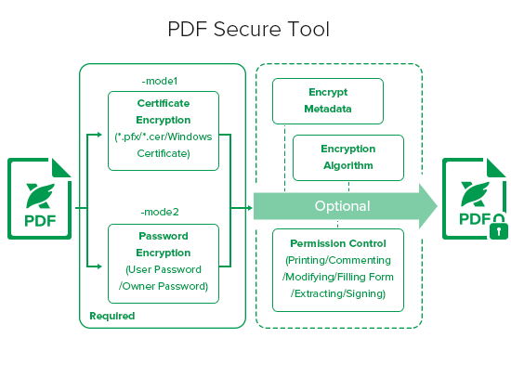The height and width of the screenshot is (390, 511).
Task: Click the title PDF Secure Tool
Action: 248,29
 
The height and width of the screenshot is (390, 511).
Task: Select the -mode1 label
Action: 160,81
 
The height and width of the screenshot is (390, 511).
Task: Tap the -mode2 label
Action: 160,212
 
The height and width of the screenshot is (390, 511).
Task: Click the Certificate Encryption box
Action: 164,131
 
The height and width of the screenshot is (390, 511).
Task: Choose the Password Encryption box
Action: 164,264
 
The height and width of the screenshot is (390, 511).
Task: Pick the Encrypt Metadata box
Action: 328,101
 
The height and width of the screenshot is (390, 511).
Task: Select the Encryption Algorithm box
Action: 348,158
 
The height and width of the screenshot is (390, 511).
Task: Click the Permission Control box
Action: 338,270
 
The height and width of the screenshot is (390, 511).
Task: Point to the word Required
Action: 112,316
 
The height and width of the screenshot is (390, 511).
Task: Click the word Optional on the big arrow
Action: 342,206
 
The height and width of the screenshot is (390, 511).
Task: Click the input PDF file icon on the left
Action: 39,199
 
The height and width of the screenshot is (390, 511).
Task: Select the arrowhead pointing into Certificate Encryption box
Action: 99,135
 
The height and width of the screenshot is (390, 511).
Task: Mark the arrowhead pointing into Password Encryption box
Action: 99,266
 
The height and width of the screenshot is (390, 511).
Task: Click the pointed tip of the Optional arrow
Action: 437,206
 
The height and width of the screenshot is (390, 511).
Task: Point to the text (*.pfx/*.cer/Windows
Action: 164,136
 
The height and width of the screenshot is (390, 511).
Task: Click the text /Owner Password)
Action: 164,286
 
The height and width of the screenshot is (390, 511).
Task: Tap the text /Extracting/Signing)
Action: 338,293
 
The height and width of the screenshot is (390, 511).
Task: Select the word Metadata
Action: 328,109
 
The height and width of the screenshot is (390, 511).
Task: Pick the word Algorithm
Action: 348,165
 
